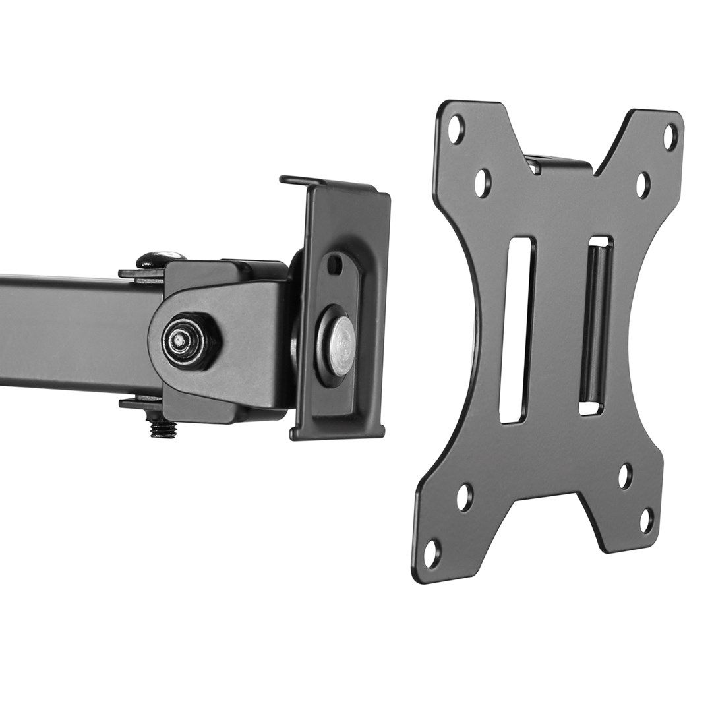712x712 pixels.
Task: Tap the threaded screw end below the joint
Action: click(x=160, y=429)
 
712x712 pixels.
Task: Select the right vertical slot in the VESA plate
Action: click(x=596, y=327)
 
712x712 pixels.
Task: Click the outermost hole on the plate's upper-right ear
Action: click(x=670, y=136)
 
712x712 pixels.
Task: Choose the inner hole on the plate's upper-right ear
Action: click(x=643, y=185)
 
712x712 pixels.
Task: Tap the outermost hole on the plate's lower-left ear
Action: click(x=431, y=551)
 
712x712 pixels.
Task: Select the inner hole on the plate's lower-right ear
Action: click(x=624, y=477)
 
